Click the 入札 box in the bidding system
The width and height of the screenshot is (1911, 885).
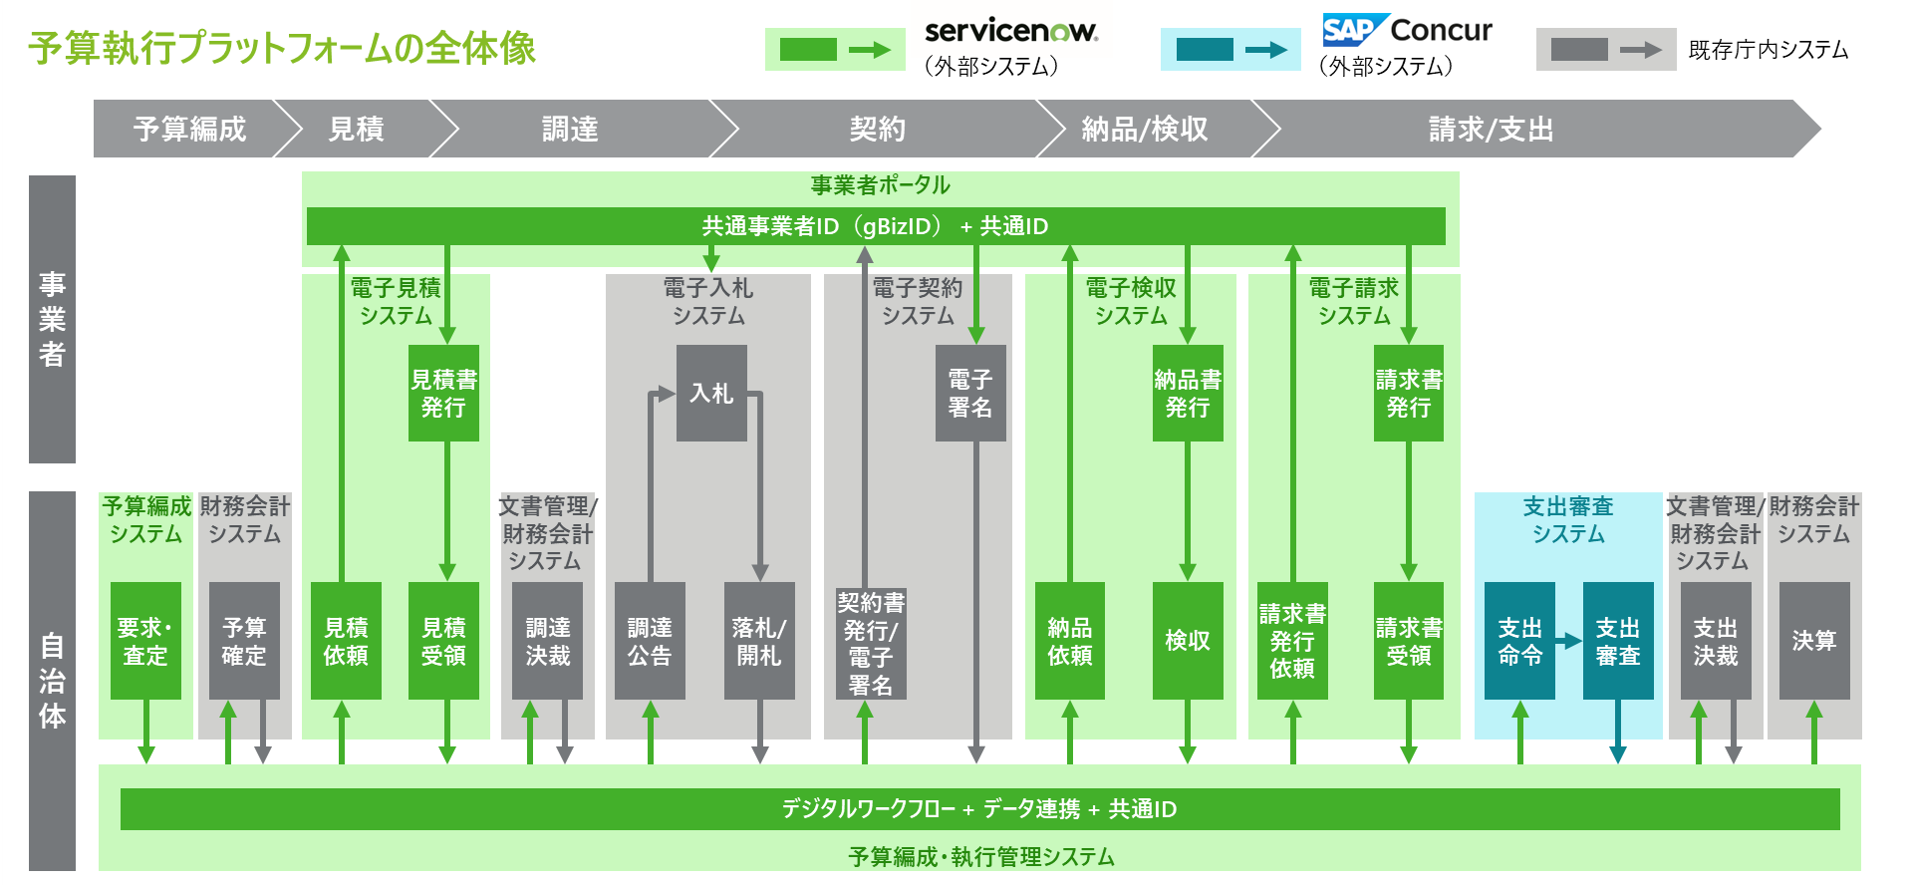[x=711, y=393]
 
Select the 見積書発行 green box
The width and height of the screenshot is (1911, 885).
[x=443, y=393]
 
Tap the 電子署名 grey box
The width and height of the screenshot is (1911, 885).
[x=970, y=393]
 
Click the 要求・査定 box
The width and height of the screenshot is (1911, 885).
[x=145, y=641]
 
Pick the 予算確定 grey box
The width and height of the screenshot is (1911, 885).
[x=244, y=641]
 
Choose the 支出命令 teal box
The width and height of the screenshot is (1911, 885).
[x=1519, y=641]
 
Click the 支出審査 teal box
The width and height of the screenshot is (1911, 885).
[x=1618, y=641]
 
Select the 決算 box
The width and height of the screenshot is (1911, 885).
[x=1814, y=641]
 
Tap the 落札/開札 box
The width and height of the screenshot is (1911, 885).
[x=759, y=641]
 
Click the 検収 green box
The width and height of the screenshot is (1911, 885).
[x=1188, y=641]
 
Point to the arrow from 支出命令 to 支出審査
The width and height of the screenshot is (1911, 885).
[x=1569, y=641]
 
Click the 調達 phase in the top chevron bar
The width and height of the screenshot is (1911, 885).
[x=570, y=129]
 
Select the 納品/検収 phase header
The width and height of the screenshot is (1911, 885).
[x=1145, y=129]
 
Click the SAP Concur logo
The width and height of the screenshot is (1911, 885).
[x=1407, y=30]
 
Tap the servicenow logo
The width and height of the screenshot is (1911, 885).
[x=1011, y=31]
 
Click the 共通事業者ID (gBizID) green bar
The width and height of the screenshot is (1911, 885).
[x=875, y=226]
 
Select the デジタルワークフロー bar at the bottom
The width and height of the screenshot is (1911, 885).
[x=979, y=809]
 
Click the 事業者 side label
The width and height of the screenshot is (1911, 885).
[x=52, y=319]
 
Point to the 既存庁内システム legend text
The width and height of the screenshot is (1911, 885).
[x=1769, y=50]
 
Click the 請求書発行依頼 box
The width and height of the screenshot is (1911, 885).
[x=1292, y=641]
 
